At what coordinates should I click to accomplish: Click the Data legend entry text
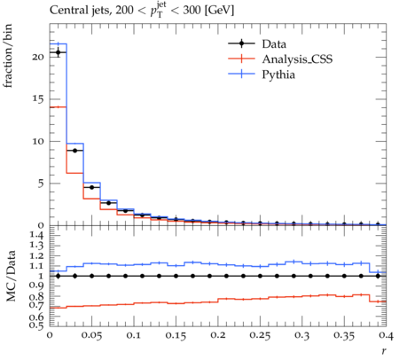click(274, 44)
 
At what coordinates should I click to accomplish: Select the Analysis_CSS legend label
click(297, 59)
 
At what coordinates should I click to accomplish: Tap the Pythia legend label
click(278, 74)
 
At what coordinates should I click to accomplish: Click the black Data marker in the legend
click(241, 43)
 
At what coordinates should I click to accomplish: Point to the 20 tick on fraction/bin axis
click(38, 57)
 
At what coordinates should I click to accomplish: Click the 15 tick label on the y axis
click(38, 99)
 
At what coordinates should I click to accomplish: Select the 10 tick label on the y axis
click(38, 141)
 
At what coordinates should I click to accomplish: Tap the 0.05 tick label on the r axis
click(92, 335)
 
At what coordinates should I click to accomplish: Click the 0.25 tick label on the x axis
click(260, 335)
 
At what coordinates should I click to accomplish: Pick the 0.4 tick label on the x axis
click(386, 335)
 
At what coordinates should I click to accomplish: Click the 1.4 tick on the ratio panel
click(37, 236)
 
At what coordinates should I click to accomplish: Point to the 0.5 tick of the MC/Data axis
click(37, 325)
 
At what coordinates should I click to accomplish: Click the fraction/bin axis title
click(8, 56)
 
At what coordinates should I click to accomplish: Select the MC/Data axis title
click(11, 276)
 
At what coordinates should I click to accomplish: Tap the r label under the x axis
click(384, 351)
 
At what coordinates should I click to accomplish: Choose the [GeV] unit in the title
click(219, 11)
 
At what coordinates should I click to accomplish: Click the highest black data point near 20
click(59, 52)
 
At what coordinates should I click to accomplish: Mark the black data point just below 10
click(75, 151)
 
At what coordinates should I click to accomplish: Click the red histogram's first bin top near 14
click(59, 107)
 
